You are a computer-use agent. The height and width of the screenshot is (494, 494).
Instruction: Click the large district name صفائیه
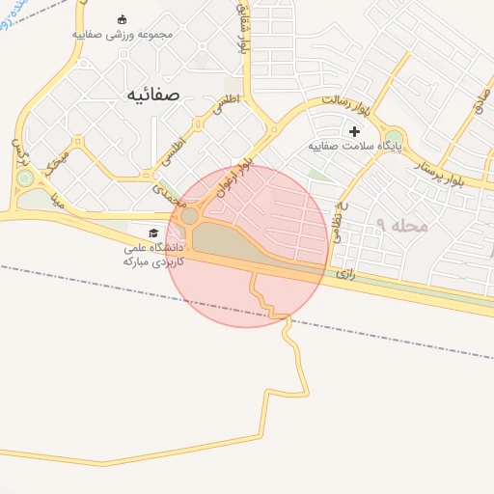tap(152, 94)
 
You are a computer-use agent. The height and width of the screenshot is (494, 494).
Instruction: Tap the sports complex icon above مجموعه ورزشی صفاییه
tap(122, 19)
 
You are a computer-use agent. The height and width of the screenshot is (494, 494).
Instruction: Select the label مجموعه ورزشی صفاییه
tap(123, 35)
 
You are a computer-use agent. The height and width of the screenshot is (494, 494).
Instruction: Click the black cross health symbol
tap(354, 131)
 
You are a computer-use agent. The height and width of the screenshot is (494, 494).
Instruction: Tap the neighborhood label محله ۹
tap(401, 225)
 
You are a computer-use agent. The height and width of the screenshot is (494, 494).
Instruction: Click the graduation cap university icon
tap(152, 233)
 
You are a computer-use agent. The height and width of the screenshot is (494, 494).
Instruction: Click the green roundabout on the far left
tap(24, 178)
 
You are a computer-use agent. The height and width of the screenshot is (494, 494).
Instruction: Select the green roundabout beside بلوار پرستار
tap(394, 139)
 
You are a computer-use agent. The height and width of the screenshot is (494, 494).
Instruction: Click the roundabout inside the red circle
tap(190, 217)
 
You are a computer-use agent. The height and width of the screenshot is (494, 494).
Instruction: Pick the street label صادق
tap(480, 113)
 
